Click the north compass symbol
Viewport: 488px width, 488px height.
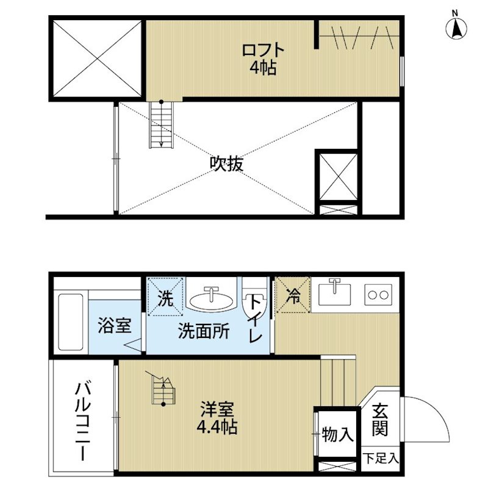click(x=456, y=27)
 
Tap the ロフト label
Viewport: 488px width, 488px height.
click(x=263, y=51)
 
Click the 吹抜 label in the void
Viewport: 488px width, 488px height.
click(x=226, y=163)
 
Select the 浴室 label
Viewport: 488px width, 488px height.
click(x=115, y=325)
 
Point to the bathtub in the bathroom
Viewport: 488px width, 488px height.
click(x=71, y=322)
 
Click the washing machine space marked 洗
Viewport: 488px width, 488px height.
click(x=165, y=296)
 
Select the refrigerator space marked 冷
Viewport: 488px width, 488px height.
click(x=293, y=295)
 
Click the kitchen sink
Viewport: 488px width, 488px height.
click(x=334, y=292)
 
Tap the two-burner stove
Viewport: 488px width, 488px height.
click(x=378, y=295)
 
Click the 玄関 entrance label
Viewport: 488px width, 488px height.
click(x=380, y=420)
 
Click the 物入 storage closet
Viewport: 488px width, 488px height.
click(x=337, y=434)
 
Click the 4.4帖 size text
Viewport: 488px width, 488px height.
click(x=217, y=427)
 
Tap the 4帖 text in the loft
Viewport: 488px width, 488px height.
click(x=263, y=68)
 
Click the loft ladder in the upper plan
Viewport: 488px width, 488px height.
click(x=161, y=124)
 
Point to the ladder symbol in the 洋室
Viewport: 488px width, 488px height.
click(x=162, y=389)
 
